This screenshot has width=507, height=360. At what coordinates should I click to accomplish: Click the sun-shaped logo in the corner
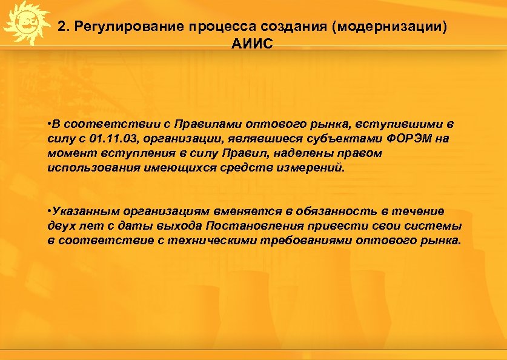25,23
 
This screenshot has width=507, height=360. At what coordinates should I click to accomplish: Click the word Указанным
85,212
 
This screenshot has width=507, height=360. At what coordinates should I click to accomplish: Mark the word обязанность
334,212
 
